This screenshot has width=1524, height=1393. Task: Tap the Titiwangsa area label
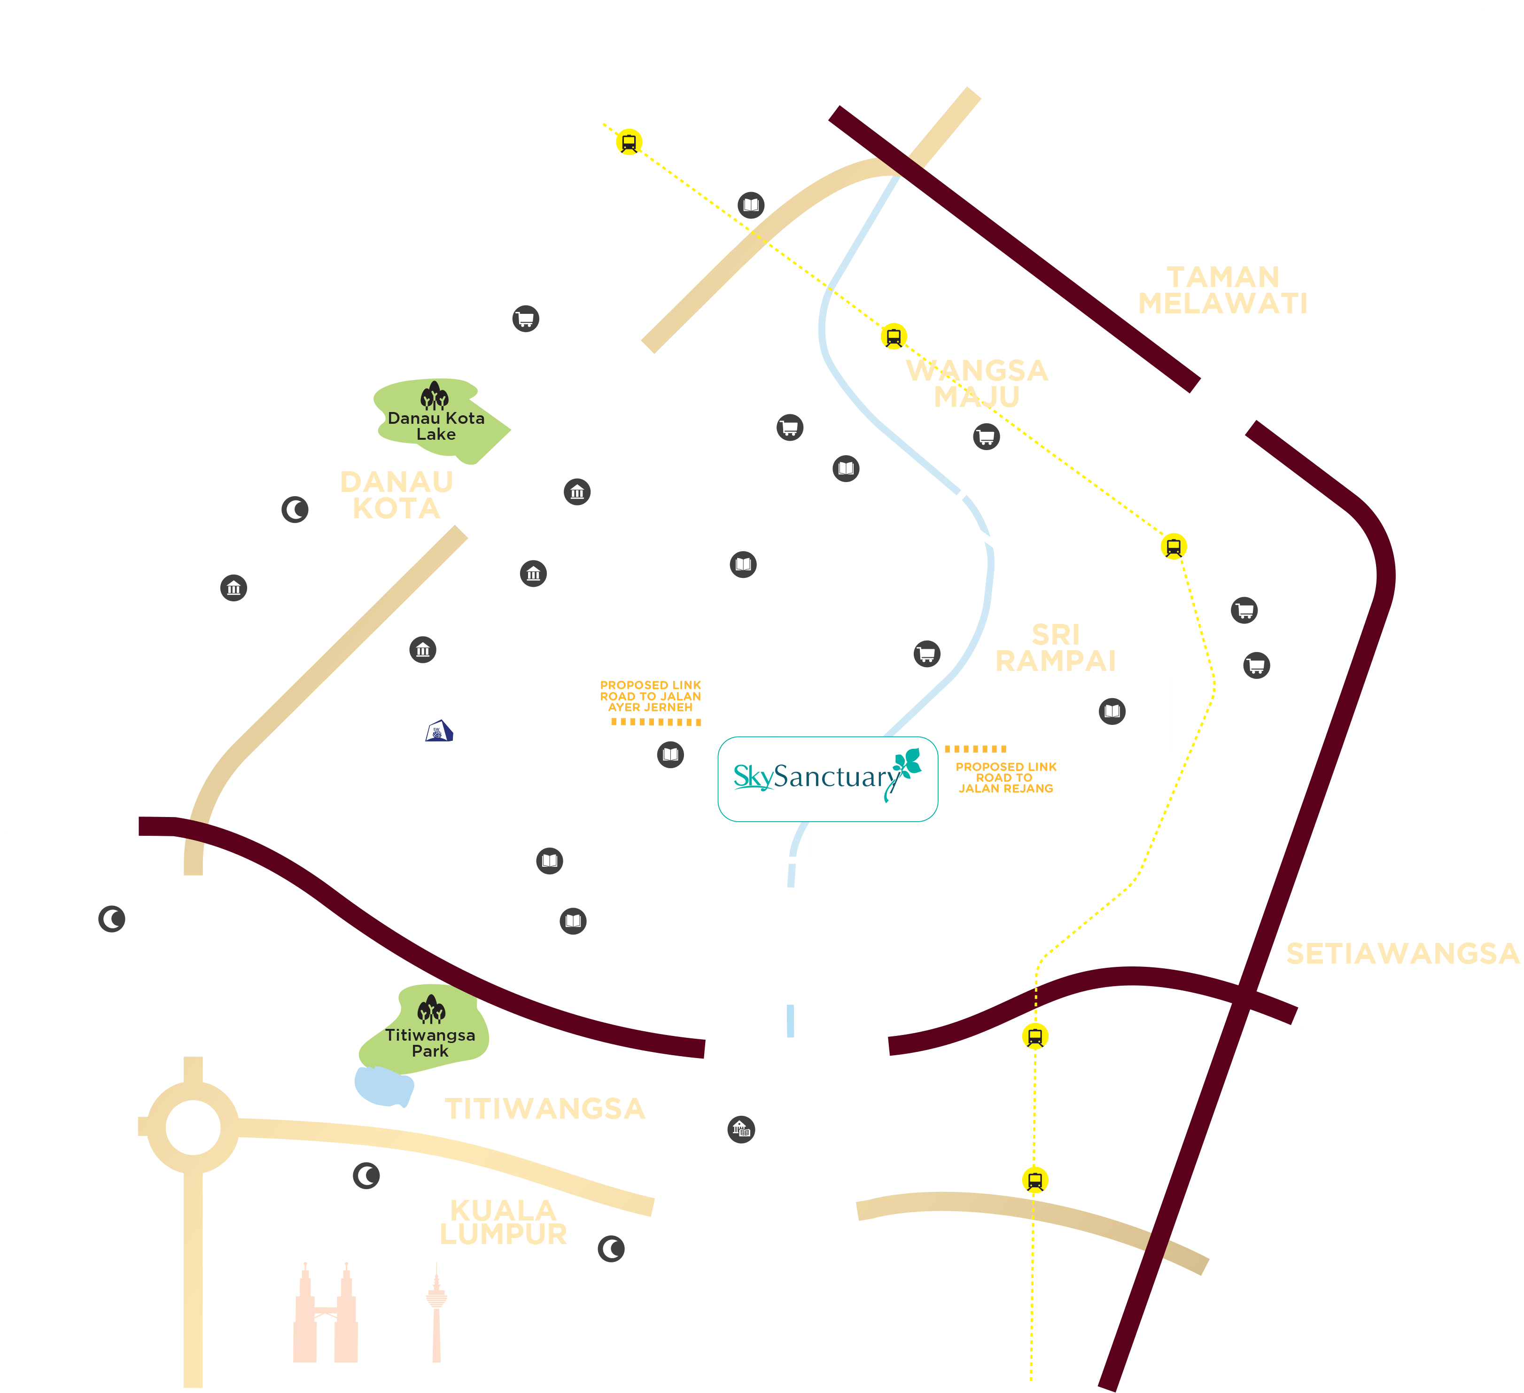click(544, 1109)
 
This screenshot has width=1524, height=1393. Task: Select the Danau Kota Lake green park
click(441, 420)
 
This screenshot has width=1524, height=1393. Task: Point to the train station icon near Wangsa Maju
click(894, 336)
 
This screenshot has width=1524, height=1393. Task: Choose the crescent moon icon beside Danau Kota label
click(295, 509)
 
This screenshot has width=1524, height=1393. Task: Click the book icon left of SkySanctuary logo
click(670, 755)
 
